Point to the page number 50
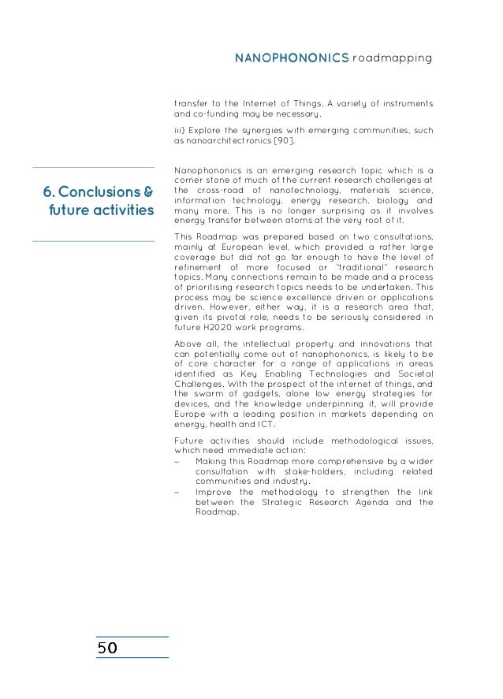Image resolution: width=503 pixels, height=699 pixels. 107,648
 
